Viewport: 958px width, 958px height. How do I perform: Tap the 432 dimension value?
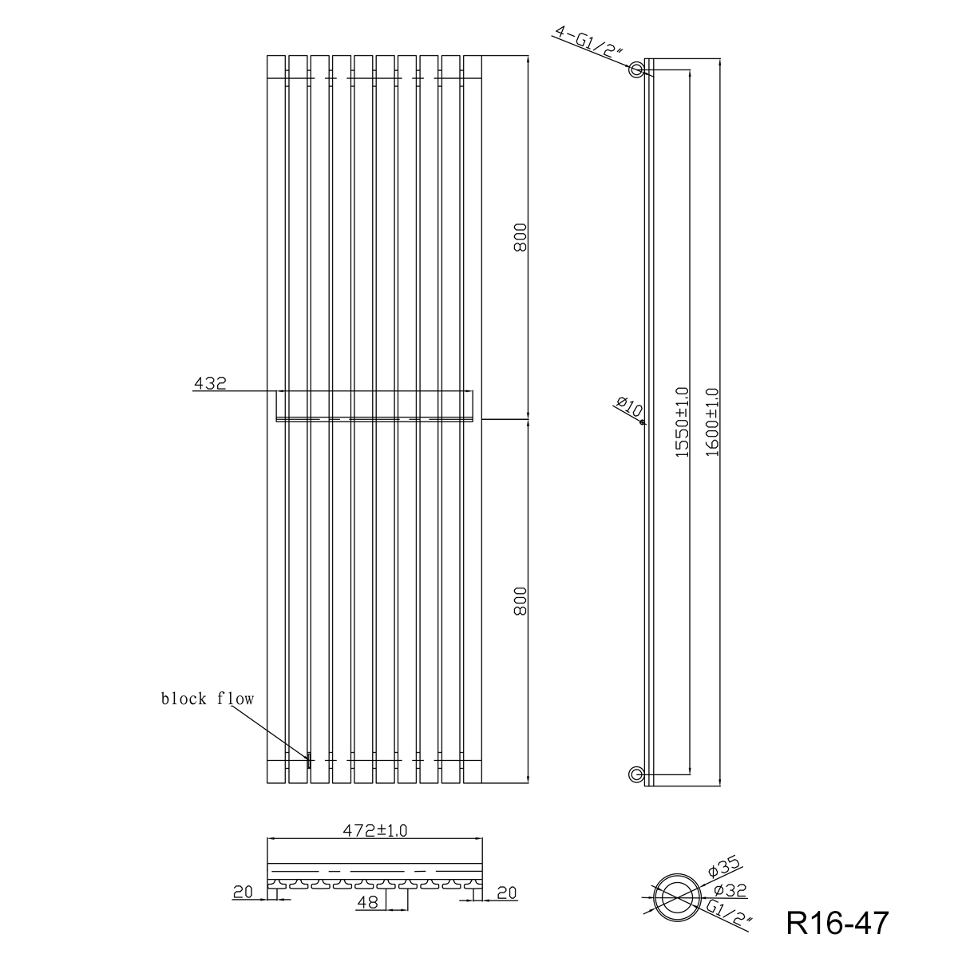tap(210, 383)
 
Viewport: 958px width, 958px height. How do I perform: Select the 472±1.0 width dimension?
tap(375, 830)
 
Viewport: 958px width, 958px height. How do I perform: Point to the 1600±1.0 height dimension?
tap(712, 422)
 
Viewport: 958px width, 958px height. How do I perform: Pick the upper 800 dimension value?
tap(520, 238)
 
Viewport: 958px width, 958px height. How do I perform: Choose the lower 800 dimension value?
tap(520, 601)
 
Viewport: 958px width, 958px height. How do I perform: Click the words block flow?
tap(208, 699)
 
